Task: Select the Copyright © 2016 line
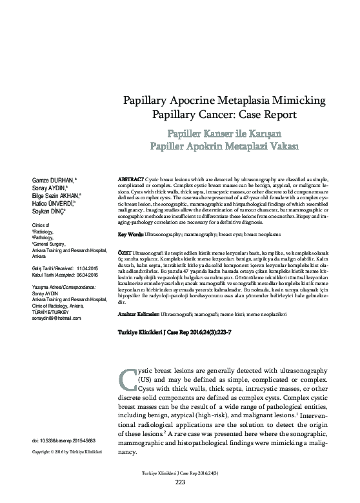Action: click(64, 450)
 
